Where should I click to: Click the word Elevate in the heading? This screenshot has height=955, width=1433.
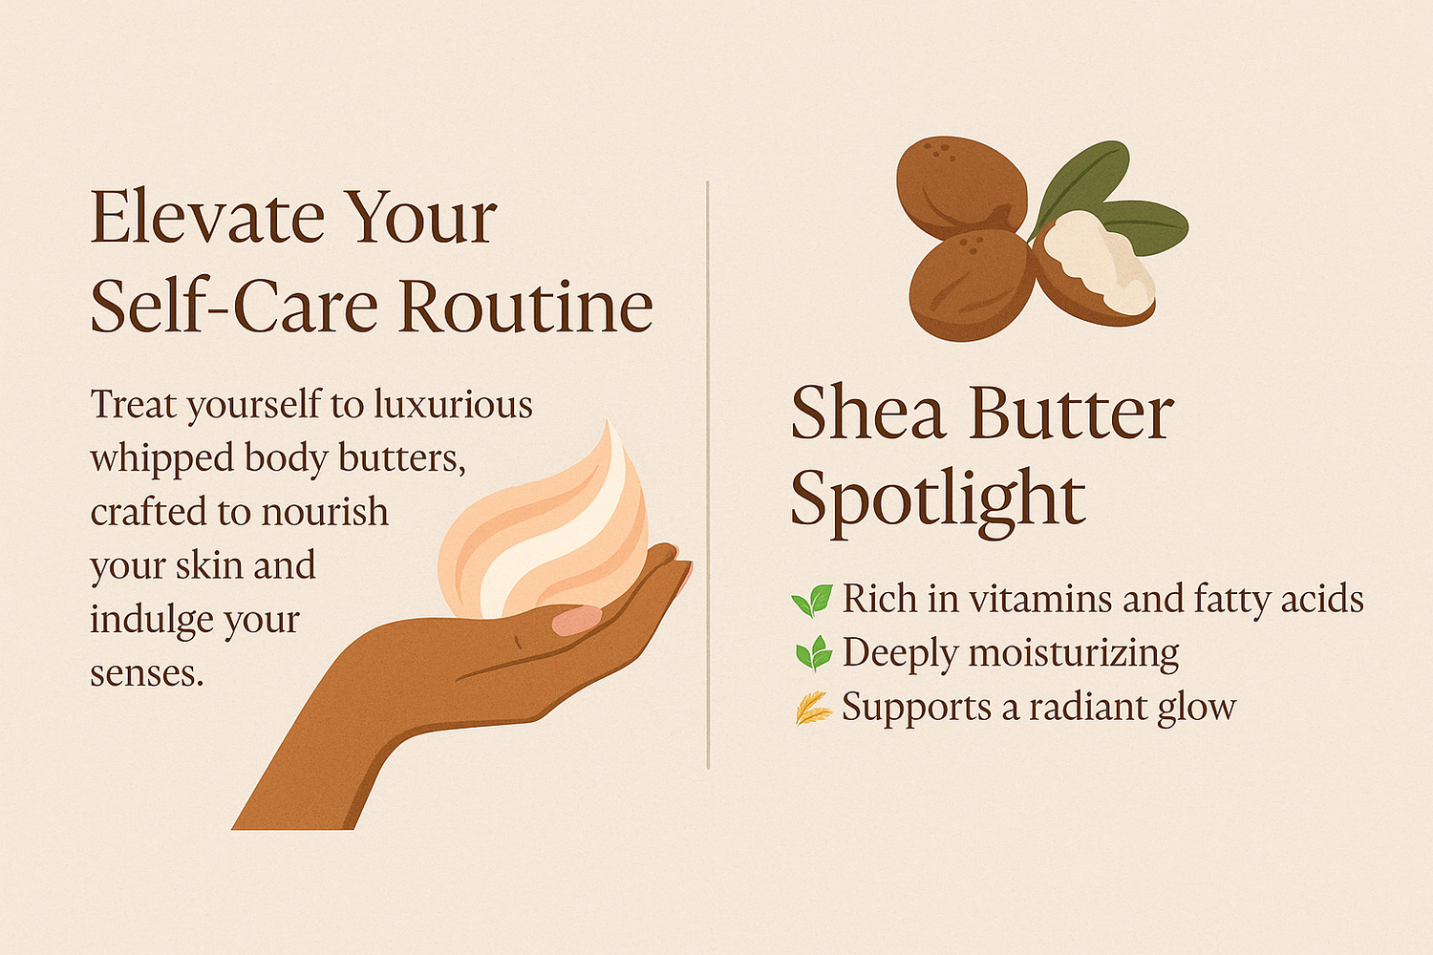pyautogui.click(x=207, y=217)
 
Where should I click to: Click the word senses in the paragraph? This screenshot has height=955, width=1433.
pyautogui.click(x=146, y=674)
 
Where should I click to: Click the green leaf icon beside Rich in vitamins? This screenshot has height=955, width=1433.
pyautogui.click(x=812, y=601)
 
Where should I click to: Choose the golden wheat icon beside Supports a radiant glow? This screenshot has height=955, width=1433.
pyautogui.click(x=814, y=708)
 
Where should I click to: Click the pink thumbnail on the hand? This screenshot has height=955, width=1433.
pyautogui.click(x=576, y=620)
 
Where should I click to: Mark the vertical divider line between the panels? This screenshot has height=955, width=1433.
pyautogui.click(x=708, y=476)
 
